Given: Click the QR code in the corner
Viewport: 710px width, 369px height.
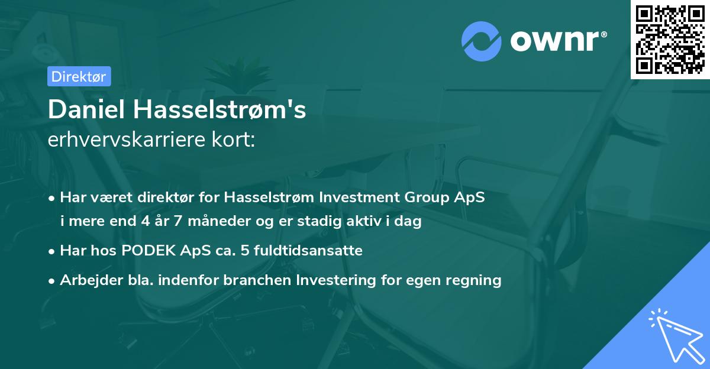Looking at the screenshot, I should tap(670, 40).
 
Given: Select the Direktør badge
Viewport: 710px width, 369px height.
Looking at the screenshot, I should tap(79, 76).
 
